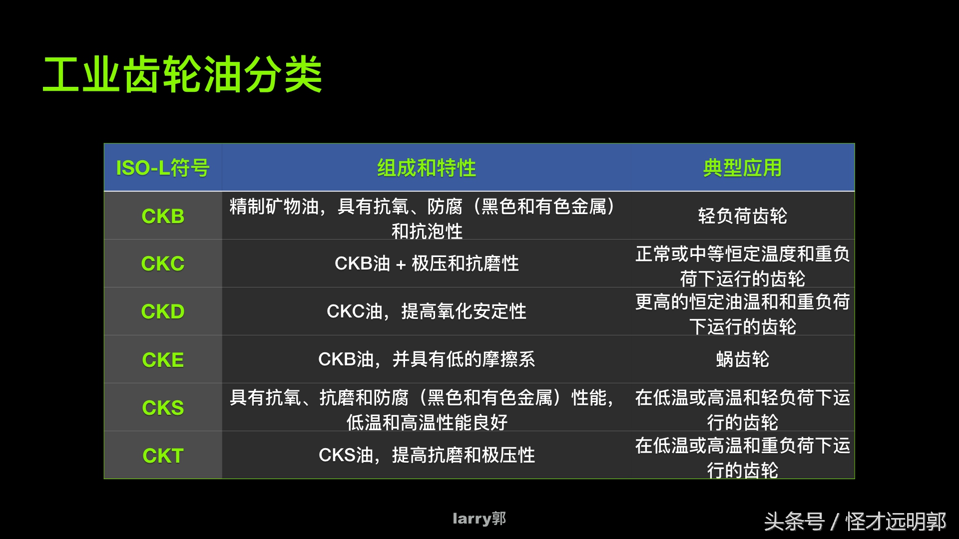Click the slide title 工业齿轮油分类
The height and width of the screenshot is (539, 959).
(183, 75)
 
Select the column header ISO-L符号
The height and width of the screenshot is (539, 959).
(163, 168)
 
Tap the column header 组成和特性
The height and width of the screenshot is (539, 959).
(426, 168)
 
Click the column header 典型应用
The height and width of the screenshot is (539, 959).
(742, 168)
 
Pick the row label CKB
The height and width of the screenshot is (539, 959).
(163, 216)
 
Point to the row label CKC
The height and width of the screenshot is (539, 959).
(163, 264)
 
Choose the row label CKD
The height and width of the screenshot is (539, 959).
(163, 311)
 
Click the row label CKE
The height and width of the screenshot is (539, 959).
(163, 360)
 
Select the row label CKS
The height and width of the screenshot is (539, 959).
(163, 408)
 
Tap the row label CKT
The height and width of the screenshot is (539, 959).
(163, 456)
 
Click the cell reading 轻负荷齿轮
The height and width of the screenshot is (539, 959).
(742, 216)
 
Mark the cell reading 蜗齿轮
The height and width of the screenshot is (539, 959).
(742, 359)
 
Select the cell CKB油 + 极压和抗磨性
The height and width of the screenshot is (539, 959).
(426, 264)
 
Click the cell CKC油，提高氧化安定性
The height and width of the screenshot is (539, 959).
(426, 311)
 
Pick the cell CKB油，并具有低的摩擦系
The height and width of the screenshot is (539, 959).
(426, 359)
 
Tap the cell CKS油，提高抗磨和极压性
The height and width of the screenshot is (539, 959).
(426, 455)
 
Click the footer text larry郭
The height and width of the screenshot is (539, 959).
(479, 519)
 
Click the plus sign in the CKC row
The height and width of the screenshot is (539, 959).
(401, 265)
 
